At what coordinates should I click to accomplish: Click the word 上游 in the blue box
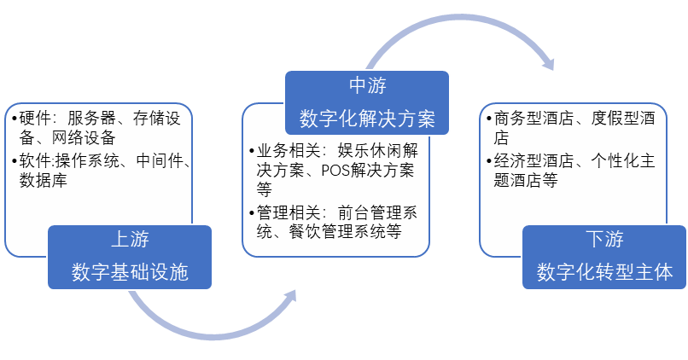(x=130, y=240)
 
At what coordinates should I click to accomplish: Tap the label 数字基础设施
(x=130, y=272)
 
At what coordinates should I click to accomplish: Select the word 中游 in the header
(x=367, y=85)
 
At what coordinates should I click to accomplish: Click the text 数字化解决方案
(x=367, y=119)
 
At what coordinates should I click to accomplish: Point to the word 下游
(x=604, y=240)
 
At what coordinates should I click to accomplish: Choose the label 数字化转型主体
(x=604, y=272)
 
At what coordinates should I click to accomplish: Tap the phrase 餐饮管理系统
(x=336, y=231)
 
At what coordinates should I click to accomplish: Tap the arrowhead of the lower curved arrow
(x=288, y=298)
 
